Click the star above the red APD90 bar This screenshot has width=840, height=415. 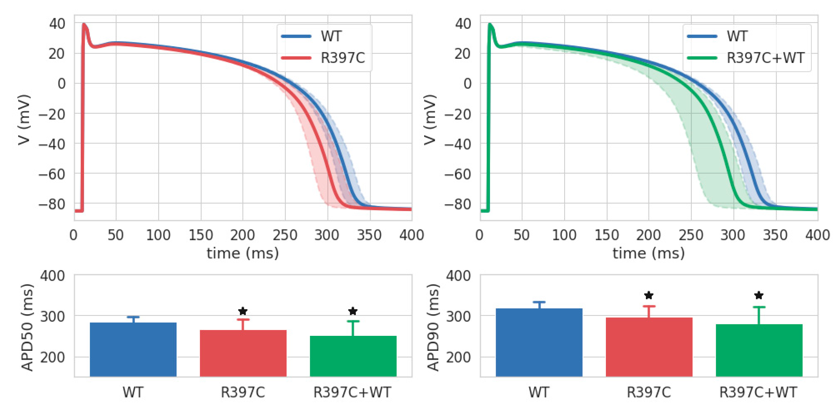[649, 296]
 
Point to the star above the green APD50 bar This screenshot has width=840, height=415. [353, 311]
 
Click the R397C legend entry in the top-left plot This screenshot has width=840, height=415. [342, 58]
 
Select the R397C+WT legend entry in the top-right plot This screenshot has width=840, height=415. [765, 58]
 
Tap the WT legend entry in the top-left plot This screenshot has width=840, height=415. [331, 36]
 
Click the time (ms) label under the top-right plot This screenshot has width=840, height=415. [648, 253]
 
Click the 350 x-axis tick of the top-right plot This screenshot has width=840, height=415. [775, 235]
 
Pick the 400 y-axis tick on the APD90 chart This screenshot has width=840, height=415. [458, 276]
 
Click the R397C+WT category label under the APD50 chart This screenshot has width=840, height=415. [352, 392]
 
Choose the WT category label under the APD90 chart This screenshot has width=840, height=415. [539, 392]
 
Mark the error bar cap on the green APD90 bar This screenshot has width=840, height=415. [759, 307]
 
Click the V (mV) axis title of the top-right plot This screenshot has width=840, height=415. [430, 119]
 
